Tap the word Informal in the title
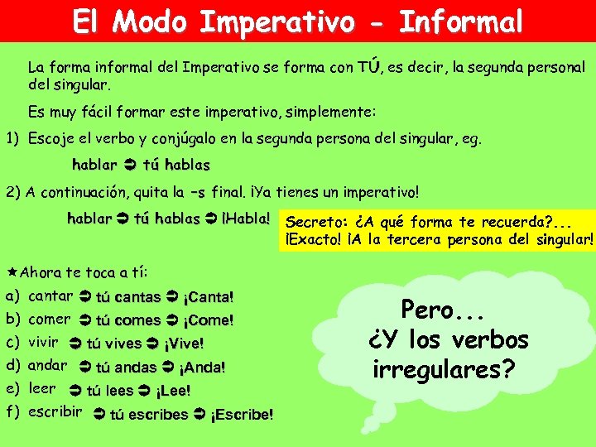461,22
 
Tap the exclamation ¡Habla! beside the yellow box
246,219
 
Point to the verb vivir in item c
43,342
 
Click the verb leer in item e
42,388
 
